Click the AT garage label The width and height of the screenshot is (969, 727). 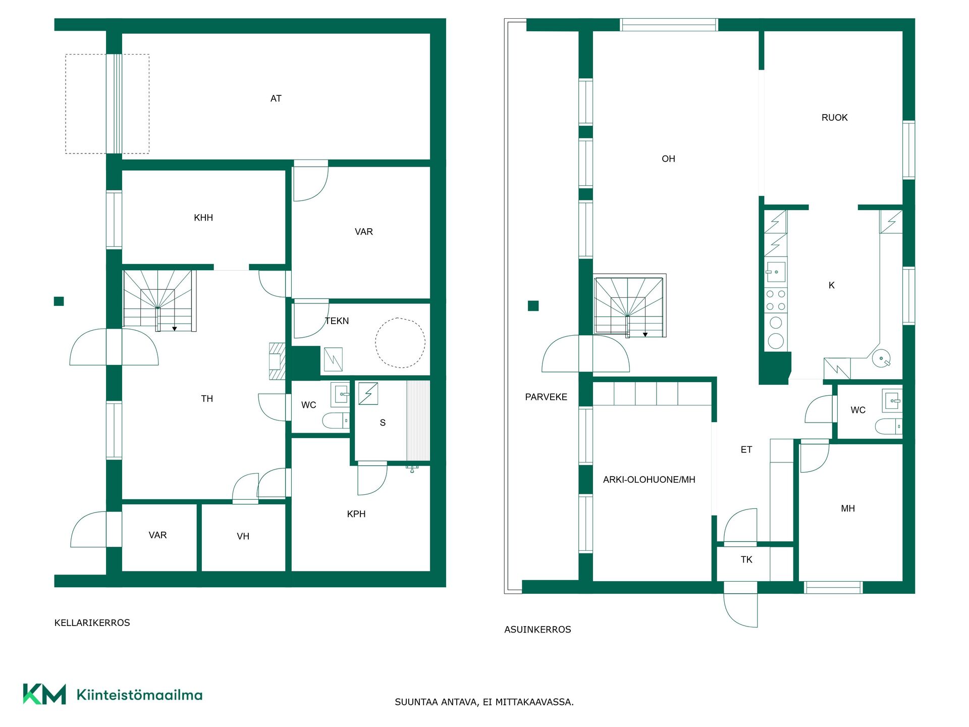(276, 98)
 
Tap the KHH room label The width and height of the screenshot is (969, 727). (203, 218)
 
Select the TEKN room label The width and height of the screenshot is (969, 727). (337, 321)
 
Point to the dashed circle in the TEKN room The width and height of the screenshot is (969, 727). (400, 318)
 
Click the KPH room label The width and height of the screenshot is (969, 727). (356, 514)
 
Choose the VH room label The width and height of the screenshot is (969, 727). (243, 536)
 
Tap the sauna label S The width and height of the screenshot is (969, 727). (383, 423)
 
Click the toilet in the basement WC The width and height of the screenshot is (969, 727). (336, 421)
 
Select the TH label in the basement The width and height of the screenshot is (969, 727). (207, 399)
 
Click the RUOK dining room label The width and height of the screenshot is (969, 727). (834, 118)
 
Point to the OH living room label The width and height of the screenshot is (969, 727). (668, 159)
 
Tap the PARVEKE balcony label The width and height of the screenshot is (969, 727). (546, 397)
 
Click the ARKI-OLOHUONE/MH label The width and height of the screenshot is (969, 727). (649, 480)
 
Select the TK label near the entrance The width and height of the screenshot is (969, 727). (746, 559)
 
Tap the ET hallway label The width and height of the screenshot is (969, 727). (746, 449)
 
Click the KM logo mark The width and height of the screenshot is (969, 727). (44, 694)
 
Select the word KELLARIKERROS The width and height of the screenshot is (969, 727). (92, 623)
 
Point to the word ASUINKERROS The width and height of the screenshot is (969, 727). (537, 630)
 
